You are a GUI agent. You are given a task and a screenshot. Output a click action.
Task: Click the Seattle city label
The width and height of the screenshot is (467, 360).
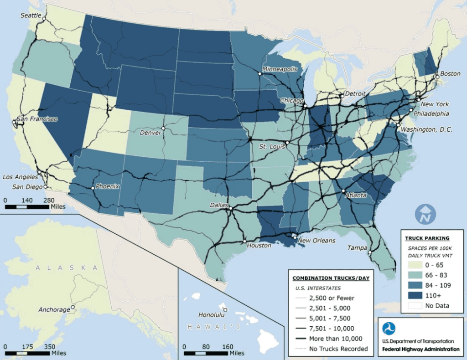(x=30, y=15)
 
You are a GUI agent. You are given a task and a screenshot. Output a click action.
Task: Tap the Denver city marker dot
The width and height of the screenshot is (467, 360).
(x=163, y=128)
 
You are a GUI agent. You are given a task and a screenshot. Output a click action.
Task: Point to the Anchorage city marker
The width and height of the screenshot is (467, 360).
(x=73, y=309)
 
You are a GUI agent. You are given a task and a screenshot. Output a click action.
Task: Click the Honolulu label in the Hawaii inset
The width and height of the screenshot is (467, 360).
(x=211, y=314)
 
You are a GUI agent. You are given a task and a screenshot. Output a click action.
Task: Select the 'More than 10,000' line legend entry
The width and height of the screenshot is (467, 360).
(x=328, y=339)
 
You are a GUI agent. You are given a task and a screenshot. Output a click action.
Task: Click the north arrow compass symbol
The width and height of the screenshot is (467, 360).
(x=425, y=214)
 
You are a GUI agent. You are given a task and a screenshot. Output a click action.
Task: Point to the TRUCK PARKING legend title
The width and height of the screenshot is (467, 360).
(x=427, y=238)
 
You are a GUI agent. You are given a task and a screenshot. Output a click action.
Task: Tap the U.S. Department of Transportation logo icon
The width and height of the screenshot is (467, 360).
(x=389, y=329)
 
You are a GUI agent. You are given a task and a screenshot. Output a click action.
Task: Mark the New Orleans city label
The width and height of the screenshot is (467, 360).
(x=317, y=241)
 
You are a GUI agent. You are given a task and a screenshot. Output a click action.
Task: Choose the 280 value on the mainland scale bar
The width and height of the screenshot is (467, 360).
(x=49, y=200)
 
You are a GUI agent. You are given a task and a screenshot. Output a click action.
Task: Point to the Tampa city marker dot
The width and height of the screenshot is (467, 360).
(x=370, y=252)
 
